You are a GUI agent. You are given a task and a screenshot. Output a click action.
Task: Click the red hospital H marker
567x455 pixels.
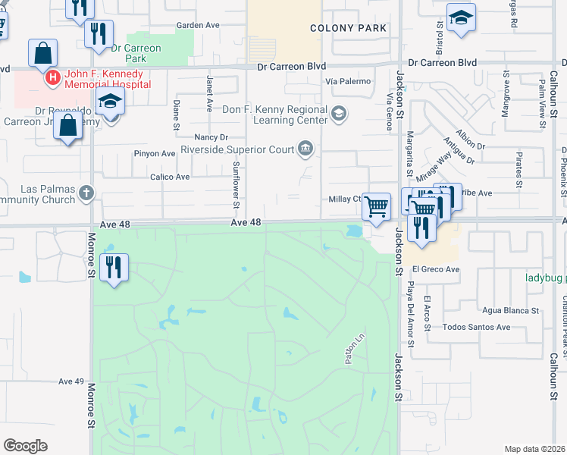[x=52, y=77]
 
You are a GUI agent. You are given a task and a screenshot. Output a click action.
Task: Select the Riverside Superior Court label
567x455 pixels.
[x=237, y=149]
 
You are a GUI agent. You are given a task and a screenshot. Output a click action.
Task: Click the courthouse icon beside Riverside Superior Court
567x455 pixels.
[x=305, y=148]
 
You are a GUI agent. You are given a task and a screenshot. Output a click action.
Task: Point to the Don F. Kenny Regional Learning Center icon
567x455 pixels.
[x=339, y=115]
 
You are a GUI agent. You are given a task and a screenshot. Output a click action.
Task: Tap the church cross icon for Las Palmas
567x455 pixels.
[x=86, y=194]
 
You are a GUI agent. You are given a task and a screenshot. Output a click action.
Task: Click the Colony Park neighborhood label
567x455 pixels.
[x=348, y=28]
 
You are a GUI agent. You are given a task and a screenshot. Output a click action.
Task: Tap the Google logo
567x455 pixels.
[x=25, y=446]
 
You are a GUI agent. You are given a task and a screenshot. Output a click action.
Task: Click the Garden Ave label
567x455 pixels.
[x=197, y=25]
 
